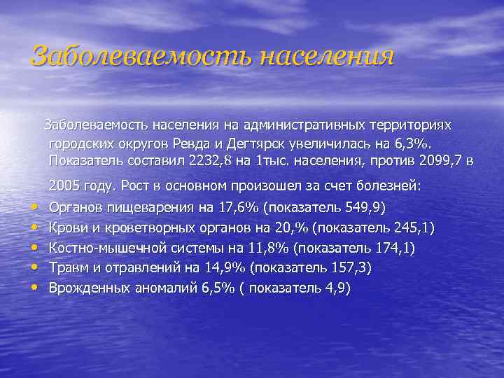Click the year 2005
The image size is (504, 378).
coord(64,187)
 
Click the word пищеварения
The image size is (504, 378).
coord(146,207)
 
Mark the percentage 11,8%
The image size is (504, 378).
coord(269,248)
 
